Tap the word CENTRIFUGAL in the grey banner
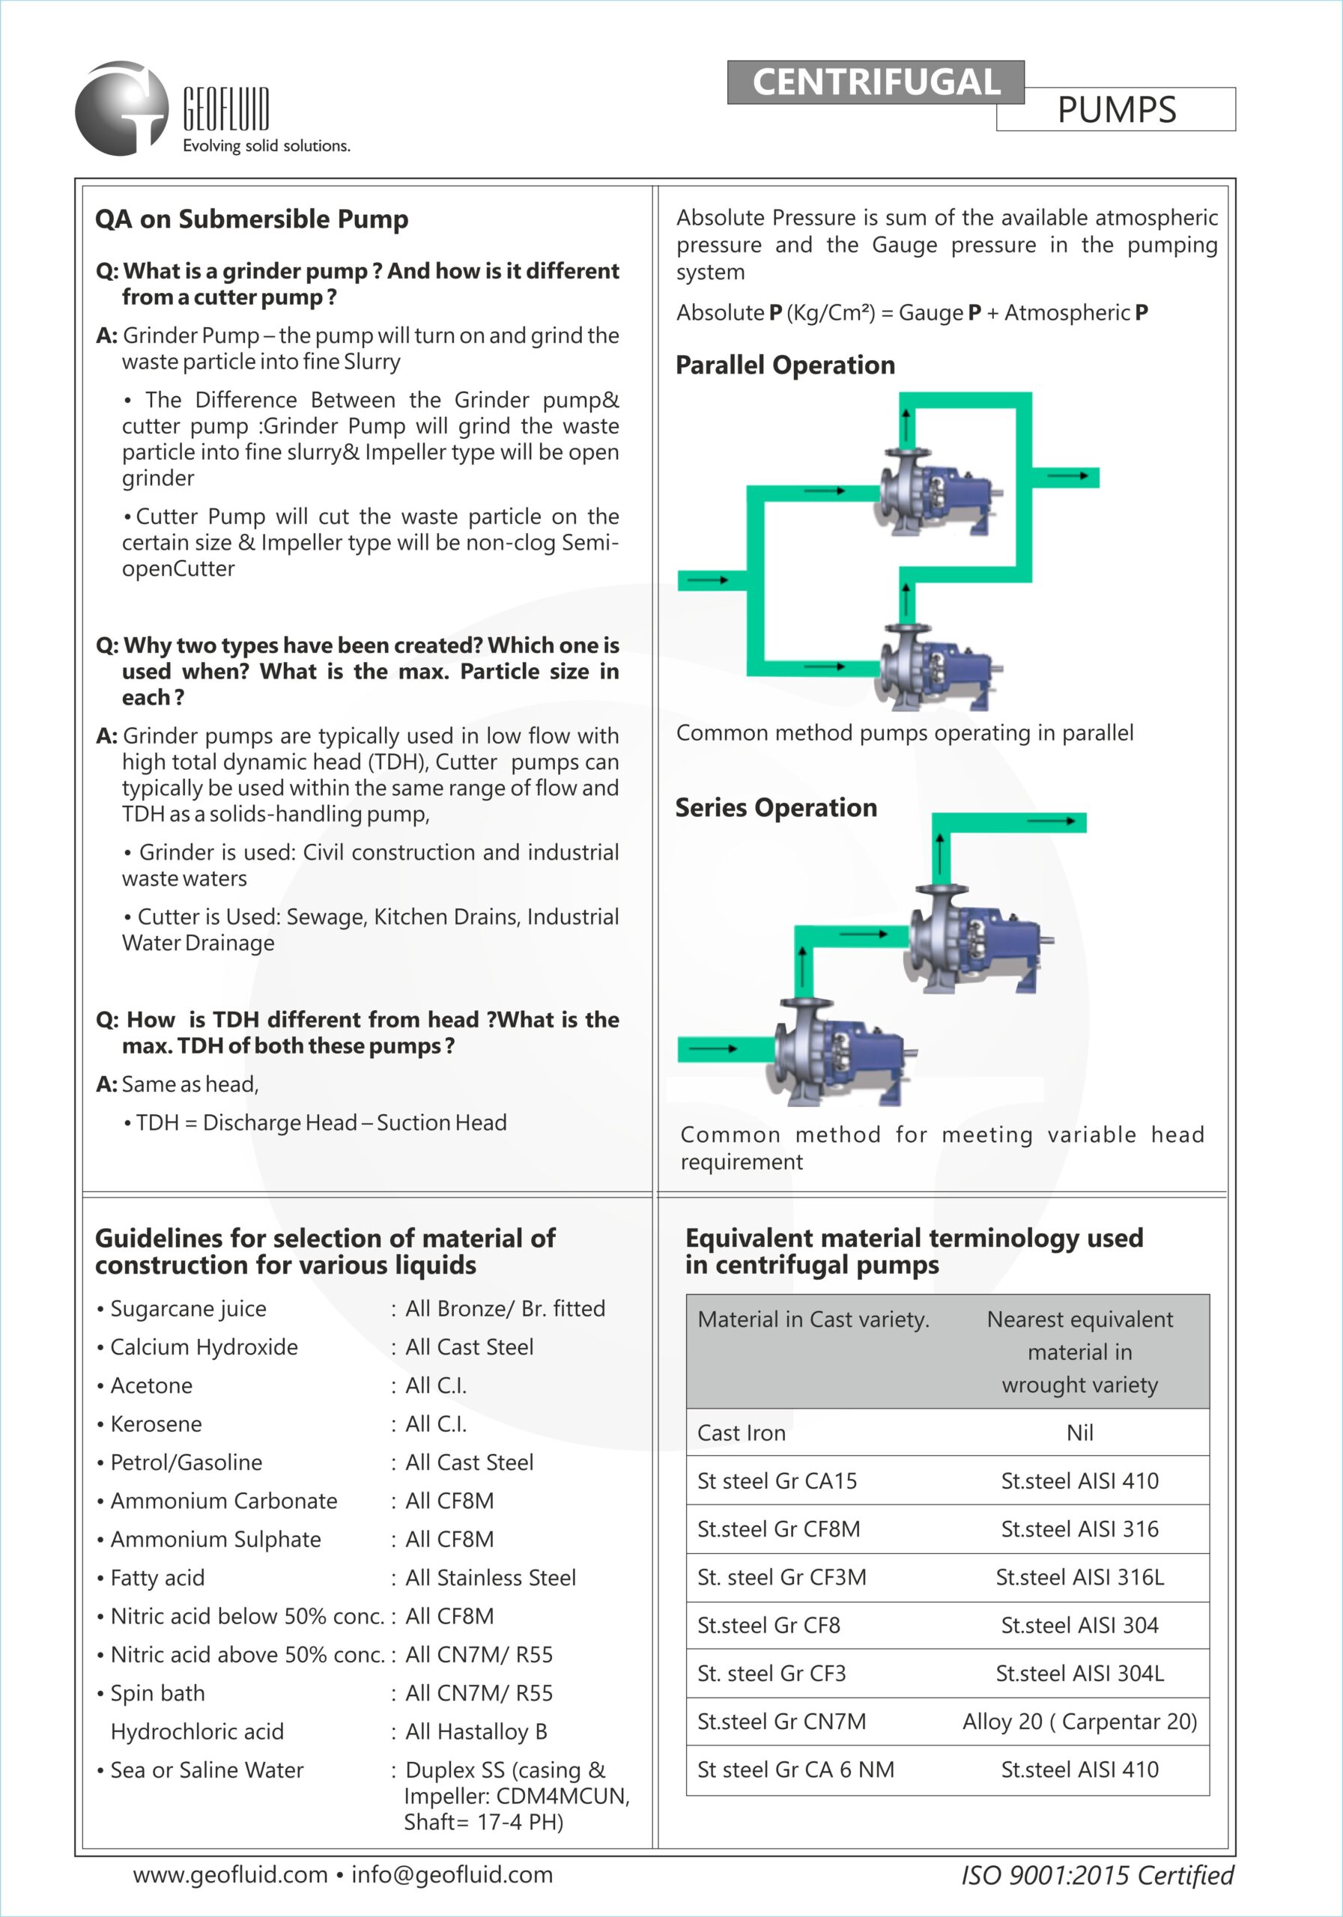876,82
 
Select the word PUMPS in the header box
1117,110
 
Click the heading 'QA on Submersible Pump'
252,219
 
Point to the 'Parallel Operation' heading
785,365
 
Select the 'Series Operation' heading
776,808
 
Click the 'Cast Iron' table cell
742,1433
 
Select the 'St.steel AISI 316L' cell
1079,1578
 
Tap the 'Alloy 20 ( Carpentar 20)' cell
1079,1722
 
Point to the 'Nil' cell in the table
1079,1433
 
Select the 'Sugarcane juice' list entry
188,1309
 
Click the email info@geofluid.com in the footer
452,1875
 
